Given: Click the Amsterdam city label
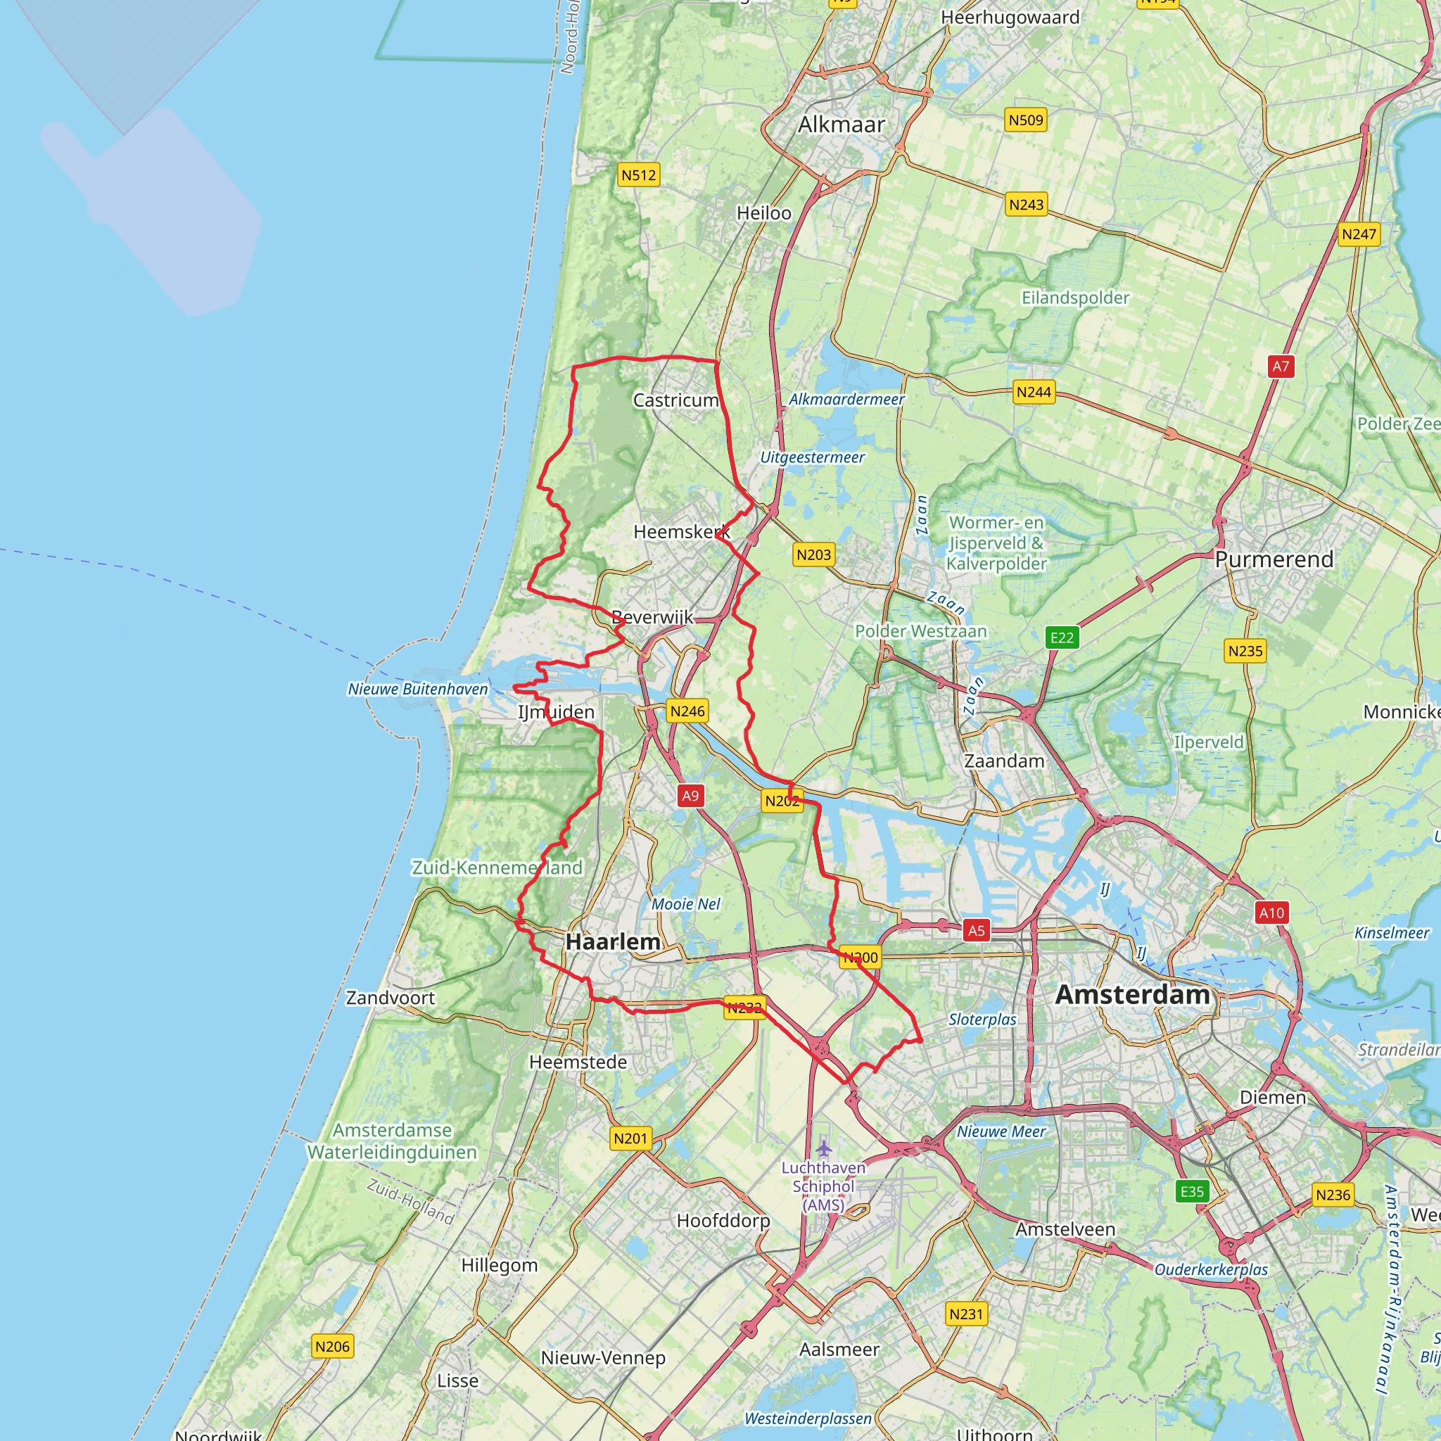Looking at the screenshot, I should (x=1132, y=995).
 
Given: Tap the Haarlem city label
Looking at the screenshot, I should (x=612, y=942).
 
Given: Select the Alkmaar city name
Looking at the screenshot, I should (x=842, y=125).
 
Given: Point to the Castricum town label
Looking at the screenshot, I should (x=675, y=400).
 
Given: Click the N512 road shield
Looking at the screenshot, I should (x=638, y=175).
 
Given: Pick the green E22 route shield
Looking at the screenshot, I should (x=1062, y=637).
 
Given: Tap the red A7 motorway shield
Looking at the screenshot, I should (x=1281, y=366).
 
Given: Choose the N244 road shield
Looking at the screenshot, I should (x=1034, y=392).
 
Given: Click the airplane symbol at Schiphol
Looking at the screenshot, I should (x=823, y=1148).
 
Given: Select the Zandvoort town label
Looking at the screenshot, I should (x=390, y=998).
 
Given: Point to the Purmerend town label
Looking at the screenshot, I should (x=1274, y=559).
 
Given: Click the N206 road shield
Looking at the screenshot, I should (x=332, y=1346).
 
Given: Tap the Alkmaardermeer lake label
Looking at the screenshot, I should (x=846, y=399).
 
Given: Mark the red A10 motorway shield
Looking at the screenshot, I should (x=1271, y=912).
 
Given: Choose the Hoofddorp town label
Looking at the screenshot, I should (x=723, y=1221).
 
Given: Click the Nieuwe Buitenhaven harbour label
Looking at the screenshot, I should (x=418, y=689).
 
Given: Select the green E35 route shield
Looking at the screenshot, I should (x=1192, y=1191).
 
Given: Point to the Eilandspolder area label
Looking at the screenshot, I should (x=1075, y=298).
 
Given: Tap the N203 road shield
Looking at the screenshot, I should (x=813, y=554).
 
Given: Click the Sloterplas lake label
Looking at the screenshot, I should (x=982, y=1020).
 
